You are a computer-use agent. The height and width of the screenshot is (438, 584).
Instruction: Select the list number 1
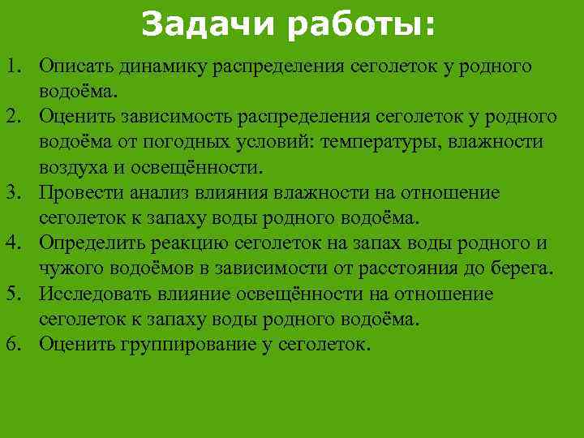pyautogui.click(x=15, y=67)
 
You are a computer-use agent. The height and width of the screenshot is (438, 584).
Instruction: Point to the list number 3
pyautogui.click(x=15, y=193)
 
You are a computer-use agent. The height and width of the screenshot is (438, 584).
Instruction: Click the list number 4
pyautogui.click(x=15, y=243)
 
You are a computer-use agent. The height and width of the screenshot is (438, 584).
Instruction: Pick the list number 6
pyautogui.click(x=15, y=344)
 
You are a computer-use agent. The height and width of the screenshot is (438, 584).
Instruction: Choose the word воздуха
pyautogui.click(x=73, y=168)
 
